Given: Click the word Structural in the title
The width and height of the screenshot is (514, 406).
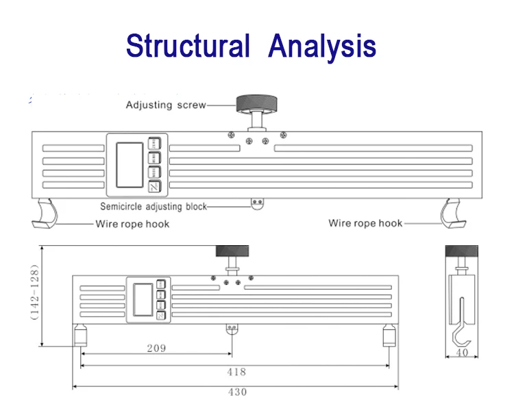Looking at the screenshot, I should coord(187,46).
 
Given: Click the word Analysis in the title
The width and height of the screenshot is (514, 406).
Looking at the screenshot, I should coord(322,46).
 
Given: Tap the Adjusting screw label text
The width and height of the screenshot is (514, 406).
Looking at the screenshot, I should coord(165,105).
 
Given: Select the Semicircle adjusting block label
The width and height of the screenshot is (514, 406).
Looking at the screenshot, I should coord(154,206).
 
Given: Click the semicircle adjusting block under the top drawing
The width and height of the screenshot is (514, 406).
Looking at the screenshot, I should coord(258,203).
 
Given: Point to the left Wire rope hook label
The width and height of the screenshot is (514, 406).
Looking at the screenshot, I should coord(131,223).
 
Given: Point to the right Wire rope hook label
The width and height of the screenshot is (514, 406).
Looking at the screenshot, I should coord(365,223).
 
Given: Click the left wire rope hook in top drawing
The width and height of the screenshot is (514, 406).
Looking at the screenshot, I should coord(46,212).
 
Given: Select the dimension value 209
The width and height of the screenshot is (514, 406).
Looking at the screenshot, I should coord(156,348).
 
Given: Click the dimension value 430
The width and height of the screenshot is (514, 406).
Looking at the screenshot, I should coord(236,392).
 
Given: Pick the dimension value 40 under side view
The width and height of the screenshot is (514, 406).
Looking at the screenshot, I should coord(462,353).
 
